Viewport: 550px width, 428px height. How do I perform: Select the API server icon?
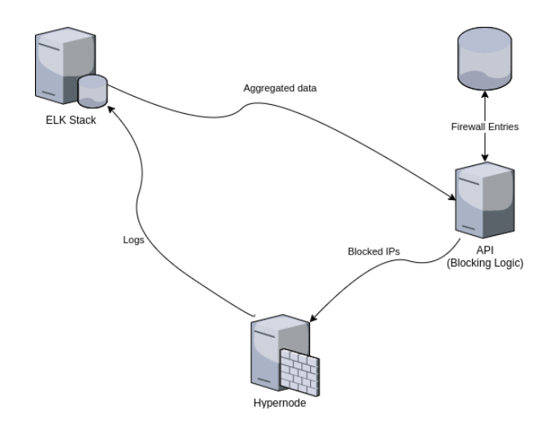coord(485,198)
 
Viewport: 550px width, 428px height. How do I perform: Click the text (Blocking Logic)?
coord(485,264)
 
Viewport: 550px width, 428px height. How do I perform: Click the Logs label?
coord(132,241)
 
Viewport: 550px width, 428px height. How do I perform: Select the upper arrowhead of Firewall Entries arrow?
coord(486,96)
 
